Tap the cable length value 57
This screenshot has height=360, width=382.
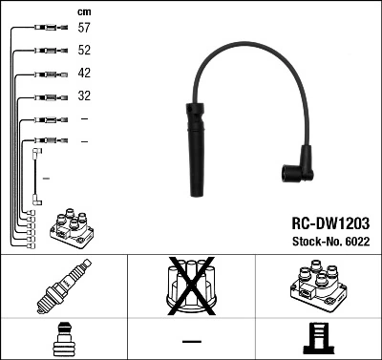[x=84, y=29]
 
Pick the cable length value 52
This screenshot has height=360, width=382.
[x=84, y=51]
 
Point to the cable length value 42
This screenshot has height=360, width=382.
[x=84, y=74]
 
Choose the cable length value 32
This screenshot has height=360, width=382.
[x=84, y=96]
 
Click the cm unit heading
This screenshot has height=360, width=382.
[x=83, y=11]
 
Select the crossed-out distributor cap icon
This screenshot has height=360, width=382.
[x=191, y=286]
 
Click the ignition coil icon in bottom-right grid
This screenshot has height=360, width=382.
[x=318, y=287]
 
